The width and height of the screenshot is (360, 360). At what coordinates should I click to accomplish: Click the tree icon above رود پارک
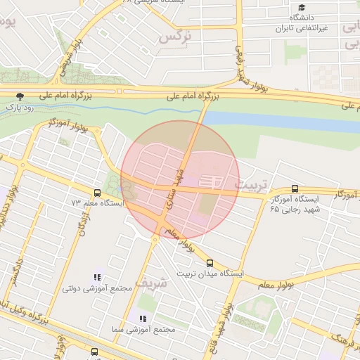click(x=20, y=96)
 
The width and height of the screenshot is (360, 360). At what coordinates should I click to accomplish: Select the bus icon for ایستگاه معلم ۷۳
click(x=97, y=192)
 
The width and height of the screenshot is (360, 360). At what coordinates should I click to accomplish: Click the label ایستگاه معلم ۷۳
click(x=97, y=202)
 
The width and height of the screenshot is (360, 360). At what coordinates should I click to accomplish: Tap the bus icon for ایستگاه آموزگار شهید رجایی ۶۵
click(x=294, y=188)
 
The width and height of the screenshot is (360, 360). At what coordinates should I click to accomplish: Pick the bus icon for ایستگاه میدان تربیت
click(x=210, y=262)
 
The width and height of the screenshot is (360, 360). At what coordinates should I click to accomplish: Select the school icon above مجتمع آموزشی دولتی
click(x=97, y=278)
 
